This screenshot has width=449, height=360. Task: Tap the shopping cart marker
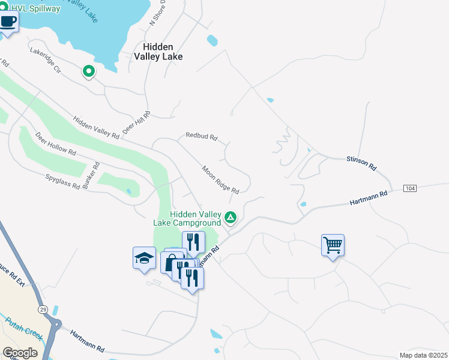click(333, 245)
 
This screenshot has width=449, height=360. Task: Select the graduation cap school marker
click(144, 258)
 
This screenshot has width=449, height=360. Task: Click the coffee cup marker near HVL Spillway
click(8, 22)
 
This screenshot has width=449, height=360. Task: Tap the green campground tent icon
click(231, 217)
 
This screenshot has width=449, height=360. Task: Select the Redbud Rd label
click(201, 136)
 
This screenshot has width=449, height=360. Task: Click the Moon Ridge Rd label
click(220, 180)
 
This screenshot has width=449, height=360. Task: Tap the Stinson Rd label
click(361, 163)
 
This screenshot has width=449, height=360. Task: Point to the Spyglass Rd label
click(62, 182)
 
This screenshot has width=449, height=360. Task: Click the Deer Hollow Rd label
click(55, 144)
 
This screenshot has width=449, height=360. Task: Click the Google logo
click(20, 353)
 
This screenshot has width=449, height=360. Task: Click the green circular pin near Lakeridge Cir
click(89, 72)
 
